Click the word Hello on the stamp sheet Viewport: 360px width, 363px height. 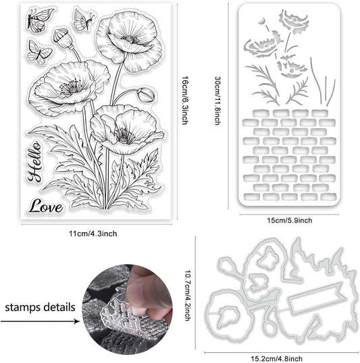click(x=34, y=161)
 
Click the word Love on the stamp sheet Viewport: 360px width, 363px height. click(x=46, y=206)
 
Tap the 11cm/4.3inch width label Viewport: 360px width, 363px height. click(x=93, y=233)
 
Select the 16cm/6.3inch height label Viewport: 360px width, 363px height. click(x=185, y=101)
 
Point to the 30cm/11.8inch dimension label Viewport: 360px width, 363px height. click(x=217, y=101)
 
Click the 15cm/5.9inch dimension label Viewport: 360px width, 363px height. click(x=290, y=220)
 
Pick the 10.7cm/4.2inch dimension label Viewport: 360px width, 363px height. click(x=188, y=296)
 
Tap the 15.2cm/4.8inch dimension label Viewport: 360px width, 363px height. click(x=277, y=359)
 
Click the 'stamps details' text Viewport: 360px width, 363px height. click(x=40, y=308)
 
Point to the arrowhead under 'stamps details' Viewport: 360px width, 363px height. click(x=78, y=321)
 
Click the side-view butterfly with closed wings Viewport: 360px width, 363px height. click(x=84, y=19)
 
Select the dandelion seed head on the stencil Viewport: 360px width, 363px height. click(x=262, y=22)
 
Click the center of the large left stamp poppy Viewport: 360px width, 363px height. click(x=73, y=88)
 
